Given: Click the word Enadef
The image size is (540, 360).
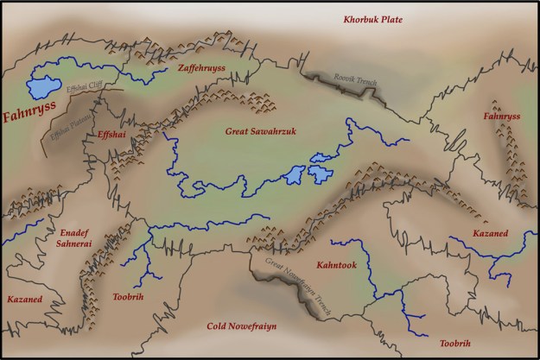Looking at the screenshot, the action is coord(76,233).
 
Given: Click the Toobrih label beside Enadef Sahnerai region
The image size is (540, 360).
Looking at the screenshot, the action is coord(127,296).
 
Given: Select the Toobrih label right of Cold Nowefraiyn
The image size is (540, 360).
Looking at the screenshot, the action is coord(455,344).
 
